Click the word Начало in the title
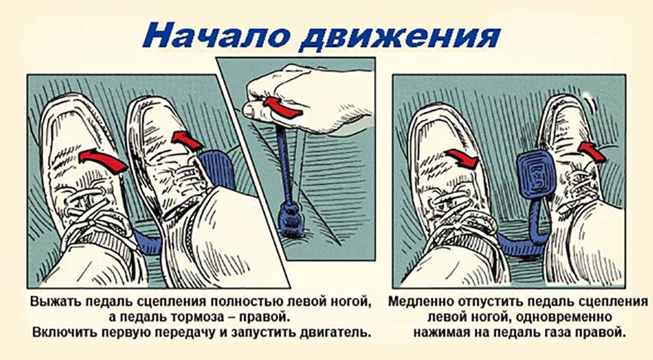pos(217,35)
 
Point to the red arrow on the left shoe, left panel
pos(103,160)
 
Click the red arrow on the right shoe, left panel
pos(187,140)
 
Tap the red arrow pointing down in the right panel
pos(462,158)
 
